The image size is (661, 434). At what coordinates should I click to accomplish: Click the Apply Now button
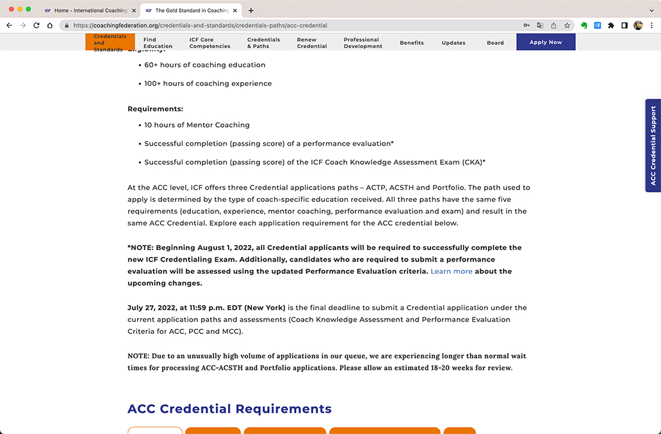tap(546, 42)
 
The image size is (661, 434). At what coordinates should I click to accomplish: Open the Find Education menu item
tap(158, 43)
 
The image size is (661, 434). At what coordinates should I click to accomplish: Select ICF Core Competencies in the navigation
tap(209, 43)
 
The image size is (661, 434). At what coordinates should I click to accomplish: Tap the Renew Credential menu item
tap(312, 43)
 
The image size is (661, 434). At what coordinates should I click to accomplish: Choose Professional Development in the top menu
tap(363, 43)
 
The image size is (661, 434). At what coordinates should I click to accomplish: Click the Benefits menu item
tap(412, 43)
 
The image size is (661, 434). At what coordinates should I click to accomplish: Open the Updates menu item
tap(453, 43)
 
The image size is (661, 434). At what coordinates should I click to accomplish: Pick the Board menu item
tap(495, 43)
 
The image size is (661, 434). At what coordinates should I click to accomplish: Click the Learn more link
tap(452, 271)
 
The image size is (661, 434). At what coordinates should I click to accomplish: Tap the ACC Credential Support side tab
tap(653, 146)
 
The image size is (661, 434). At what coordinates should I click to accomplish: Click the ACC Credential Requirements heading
tap(229, 409)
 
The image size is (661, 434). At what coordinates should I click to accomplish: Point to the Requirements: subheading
tap(155, 109)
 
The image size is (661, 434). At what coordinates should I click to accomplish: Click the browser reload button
tap(36, 26)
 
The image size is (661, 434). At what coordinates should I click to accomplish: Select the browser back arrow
tap(9, 26)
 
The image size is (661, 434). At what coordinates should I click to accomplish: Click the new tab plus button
tap(251, 10)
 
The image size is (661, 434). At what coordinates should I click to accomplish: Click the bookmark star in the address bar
tap(567, 26)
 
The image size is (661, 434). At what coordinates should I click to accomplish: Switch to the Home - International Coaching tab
tap(90, 10)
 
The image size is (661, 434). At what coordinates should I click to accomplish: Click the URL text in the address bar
tap(200, 26)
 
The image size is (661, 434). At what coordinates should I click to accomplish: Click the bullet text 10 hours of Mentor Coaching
tap(197, 125)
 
